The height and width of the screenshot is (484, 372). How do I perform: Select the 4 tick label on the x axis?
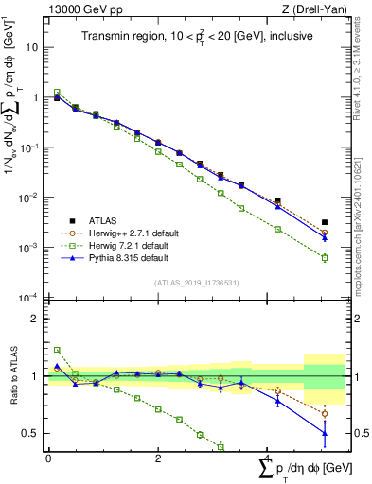tap(268, 459)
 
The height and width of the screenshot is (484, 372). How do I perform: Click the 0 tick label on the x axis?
tap(48, 459)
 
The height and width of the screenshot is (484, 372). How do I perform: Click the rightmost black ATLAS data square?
tap(325, 222)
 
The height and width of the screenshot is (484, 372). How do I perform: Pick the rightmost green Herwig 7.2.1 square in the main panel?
tap(325, 257)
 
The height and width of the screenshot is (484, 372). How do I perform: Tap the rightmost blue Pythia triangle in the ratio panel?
tap(325, 433)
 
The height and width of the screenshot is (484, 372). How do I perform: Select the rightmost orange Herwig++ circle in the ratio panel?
tap(325, 413)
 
